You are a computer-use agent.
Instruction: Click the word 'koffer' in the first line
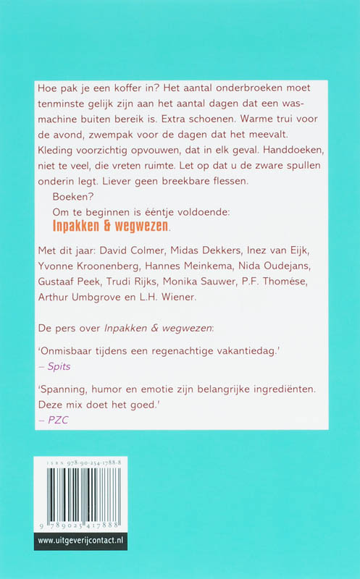click(127, 88)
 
